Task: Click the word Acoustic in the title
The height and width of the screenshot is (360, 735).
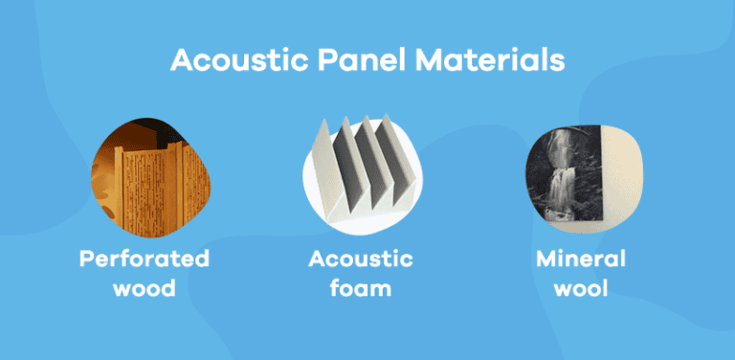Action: coord(228,60)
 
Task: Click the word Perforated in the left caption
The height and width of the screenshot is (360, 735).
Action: coord(145,259)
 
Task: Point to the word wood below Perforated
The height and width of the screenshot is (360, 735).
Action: coord(145,287)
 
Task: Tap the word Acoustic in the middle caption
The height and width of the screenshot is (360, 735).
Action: coord(361,259)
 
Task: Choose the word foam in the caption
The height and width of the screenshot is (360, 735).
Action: coord(361,287)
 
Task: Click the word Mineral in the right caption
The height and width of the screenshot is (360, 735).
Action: coord(580,259)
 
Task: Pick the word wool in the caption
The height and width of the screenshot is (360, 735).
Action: coord(580,287)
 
